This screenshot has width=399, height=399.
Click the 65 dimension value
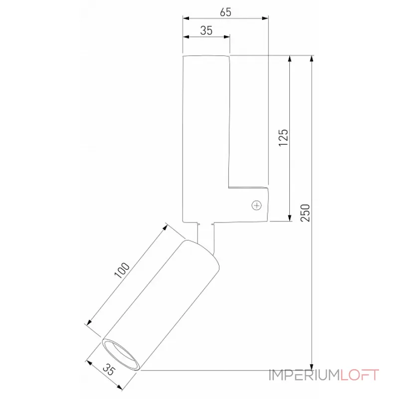click(x=225, y=13)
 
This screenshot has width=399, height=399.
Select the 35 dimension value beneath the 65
click(x=206, y=30)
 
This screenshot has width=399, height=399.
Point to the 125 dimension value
click(x=283, y=138)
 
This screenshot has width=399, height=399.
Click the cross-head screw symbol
click(x=257, y=204)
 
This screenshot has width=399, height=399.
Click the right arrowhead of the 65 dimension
click(x=265, y=19)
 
